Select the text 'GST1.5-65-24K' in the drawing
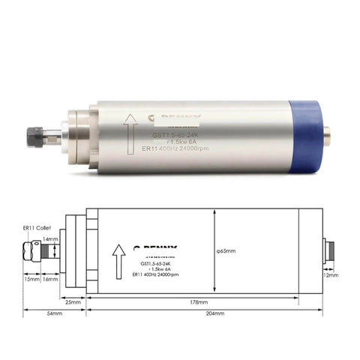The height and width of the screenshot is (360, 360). click(160, 263)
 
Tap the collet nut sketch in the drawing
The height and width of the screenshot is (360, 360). click(31, 247)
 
